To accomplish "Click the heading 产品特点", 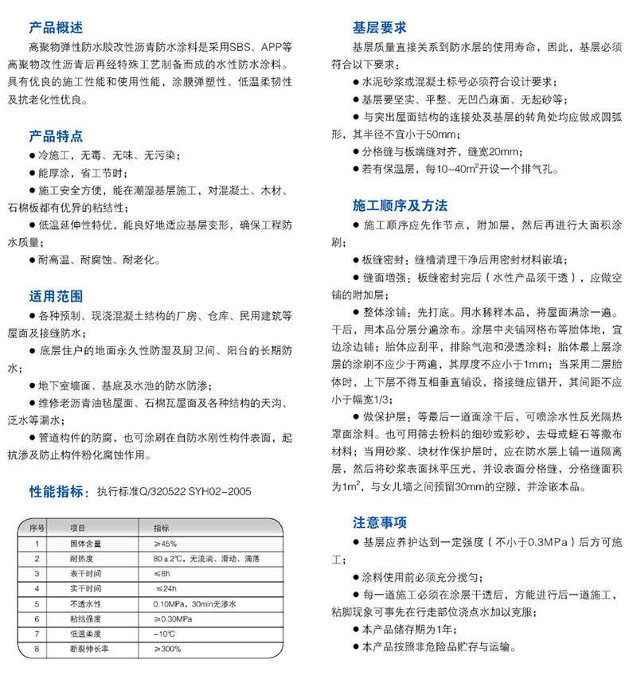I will pos(56,136).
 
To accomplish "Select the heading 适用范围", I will pos(56,297).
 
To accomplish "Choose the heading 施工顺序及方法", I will pos(401,205).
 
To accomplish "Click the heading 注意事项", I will pos(380,523).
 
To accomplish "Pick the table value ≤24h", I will pos(165,588).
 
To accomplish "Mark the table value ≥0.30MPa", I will pos(170,619).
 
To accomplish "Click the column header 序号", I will pos(36,528).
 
